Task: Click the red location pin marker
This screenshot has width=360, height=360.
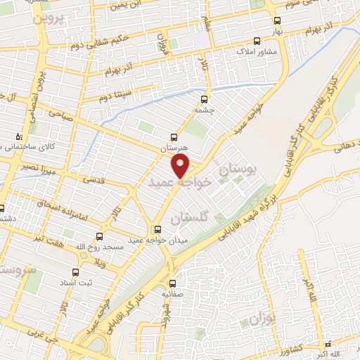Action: [181, 165]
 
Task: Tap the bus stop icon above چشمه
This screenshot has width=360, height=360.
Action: [205, 99]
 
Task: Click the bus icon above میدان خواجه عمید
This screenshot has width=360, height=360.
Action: [157, 229]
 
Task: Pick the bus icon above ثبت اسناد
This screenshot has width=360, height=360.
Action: [76, 271]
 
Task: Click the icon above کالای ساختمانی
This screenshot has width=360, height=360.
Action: [19, 136]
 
